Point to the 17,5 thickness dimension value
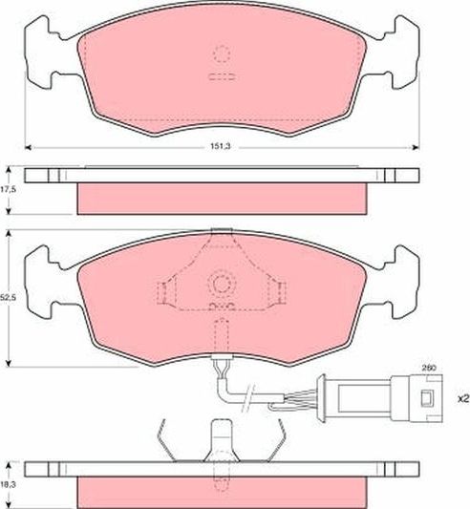click(11, 190)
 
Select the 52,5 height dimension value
click(11, 298)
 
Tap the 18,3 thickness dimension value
click(11, 486)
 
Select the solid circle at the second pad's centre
click(223, 283)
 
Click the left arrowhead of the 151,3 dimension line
click(30, 146)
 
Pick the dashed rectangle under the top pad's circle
click(223, 76)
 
